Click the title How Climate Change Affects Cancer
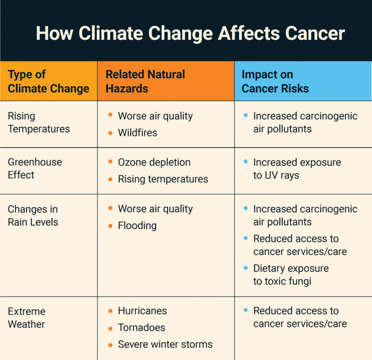coord(190,33)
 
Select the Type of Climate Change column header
coord(49,81)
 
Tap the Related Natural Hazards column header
coord(145,81)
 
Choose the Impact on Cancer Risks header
coord(275,81)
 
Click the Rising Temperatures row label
coord(39,122)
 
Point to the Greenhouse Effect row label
coord(35,169)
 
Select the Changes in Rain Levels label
coord(33,216)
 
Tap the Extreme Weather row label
coord(27,317)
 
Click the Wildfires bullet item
coord(138,133)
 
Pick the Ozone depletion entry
coord(154,163)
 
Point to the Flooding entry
coord(137,226)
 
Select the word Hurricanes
coord(142,311)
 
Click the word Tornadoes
coord(142,327)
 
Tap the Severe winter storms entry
coord(166,345)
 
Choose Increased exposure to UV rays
coord(297,169)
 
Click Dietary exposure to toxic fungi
coord(291,275)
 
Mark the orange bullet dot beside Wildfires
coord(110,133)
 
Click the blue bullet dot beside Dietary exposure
coord(246,268)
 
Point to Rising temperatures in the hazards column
coord(163,179)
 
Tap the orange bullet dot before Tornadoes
coord(110,328)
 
